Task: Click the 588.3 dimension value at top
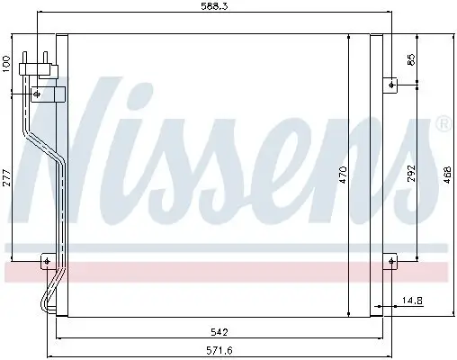(x=214, y=6)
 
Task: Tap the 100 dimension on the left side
(x=6, y=64)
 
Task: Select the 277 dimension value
(x=6, y=178)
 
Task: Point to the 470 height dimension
(x=343, y=175)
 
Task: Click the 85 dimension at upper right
(x=411, y=59)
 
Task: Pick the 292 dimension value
(x=411, y=173)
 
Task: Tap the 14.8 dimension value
(x=412, y=300)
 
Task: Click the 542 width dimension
(x=220, y=332)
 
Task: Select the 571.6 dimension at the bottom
(x=220, y=350)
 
